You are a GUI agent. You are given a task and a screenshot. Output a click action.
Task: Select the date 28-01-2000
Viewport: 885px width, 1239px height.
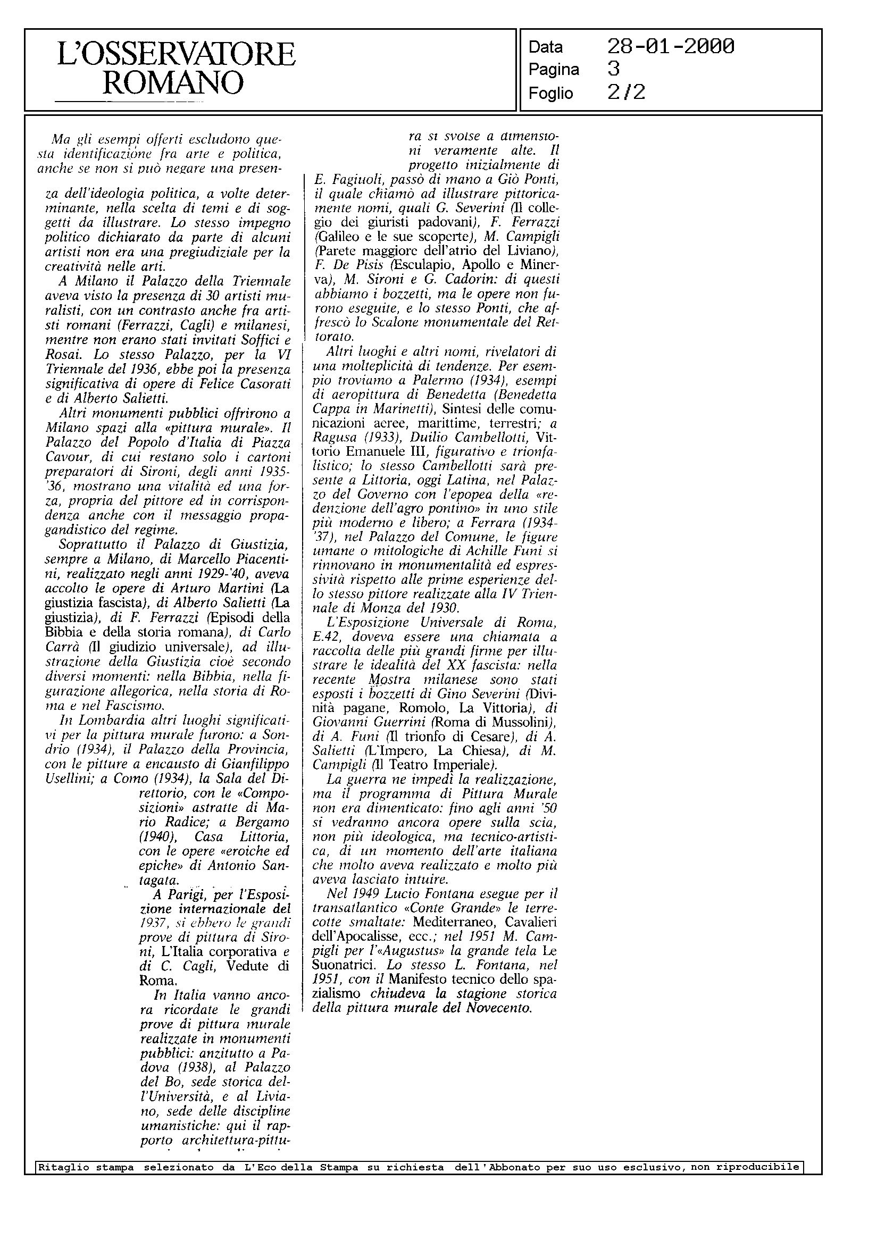(x=670, y=47)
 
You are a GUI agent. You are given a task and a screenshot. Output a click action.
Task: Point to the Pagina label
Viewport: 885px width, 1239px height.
(x=554, y=70)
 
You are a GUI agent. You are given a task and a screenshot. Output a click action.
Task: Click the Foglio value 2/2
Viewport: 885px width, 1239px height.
(x=626, y=93)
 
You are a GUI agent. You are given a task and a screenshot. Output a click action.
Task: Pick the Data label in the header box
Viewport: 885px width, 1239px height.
(x=546, y=47)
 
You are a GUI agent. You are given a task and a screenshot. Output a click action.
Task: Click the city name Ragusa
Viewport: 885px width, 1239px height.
(x=335, y=437)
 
